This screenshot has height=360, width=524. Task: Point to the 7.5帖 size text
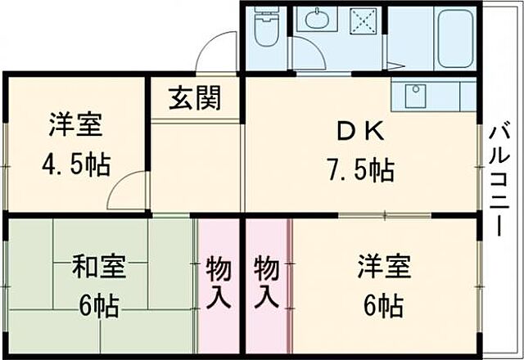click(x=359, y=171)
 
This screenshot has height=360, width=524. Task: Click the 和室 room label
click(x=99, y=267)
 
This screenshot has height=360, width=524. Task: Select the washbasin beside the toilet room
click(x=312, y=20)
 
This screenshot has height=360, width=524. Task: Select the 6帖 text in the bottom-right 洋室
click(x=382, y=307)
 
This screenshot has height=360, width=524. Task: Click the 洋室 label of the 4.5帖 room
click(x=75, y=126)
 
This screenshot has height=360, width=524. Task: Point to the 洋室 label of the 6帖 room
click(x=383, y=267)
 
